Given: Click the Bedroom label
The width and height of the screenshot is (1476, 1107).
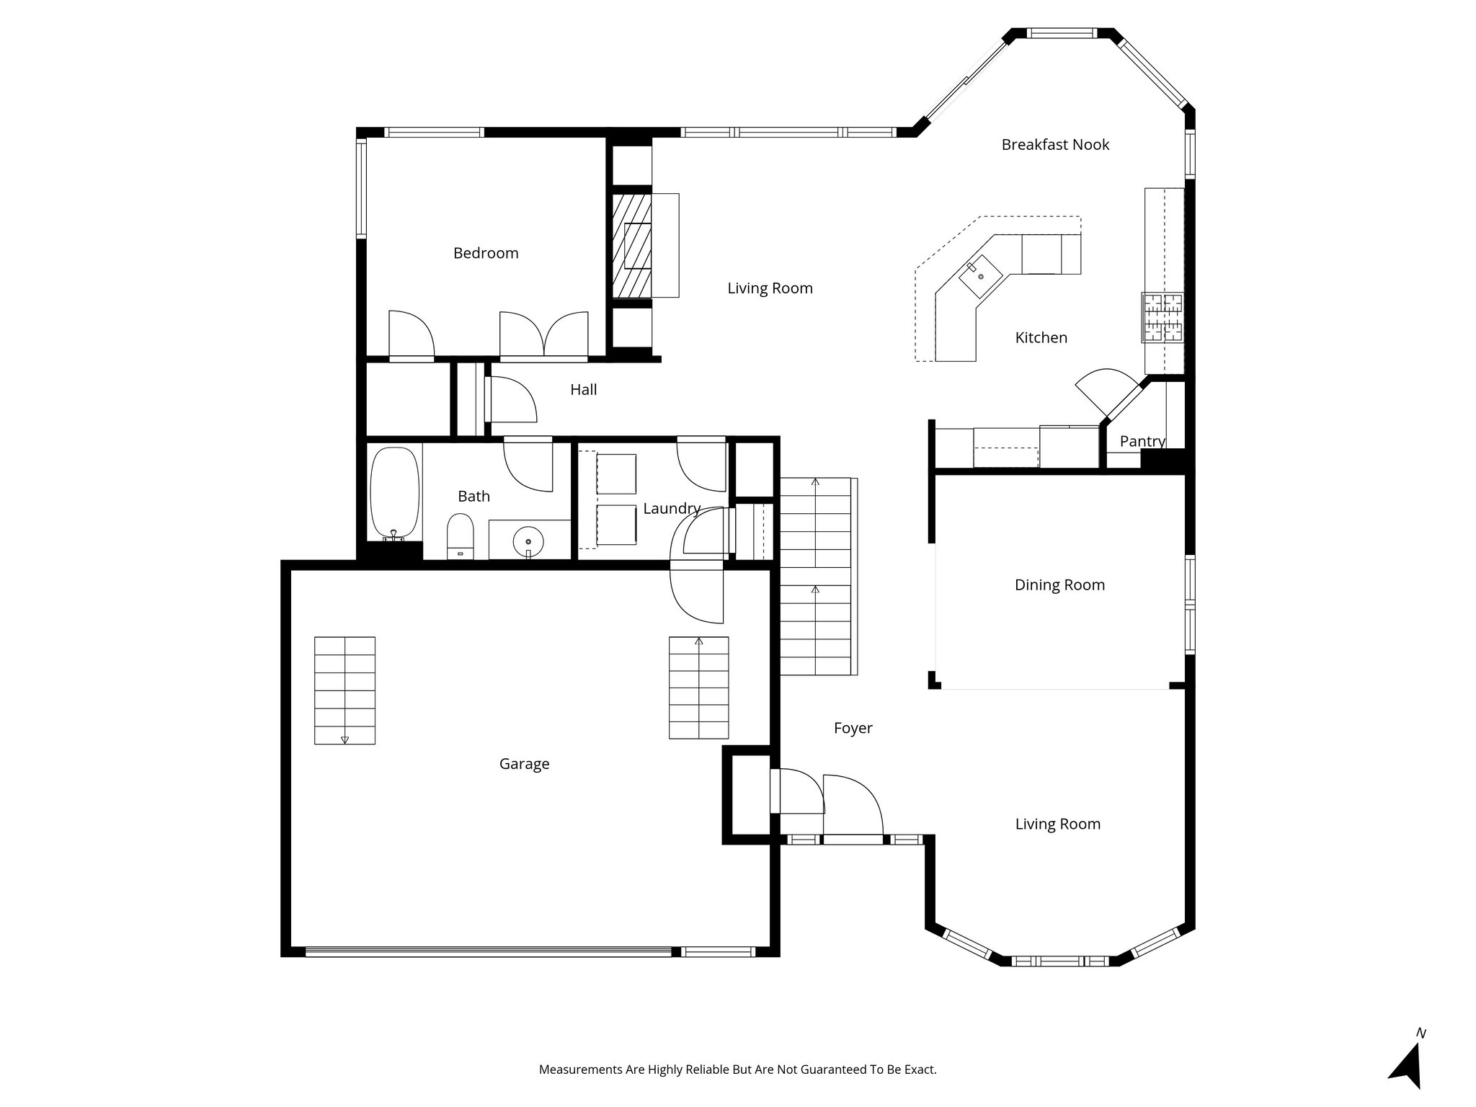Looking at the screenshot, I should point(485,253).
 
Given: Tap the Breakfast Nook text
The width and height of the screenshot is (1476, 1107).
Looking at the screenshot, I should point(1054,145).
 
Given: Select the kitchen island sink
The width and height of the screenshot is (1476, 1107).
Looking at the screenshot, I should point(980,277).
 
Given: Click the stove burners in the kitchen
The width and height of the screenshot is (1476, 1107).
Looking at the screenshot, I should point(1161,317).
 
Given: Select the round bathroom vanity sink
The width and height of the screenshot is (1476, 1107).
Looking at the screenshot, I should point(528,541).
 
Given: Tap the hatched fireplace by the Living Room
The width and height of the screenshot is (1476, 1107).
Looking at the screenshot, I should point(632,245).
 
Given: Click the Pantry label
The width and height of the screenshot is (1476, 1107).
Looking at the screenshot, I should point(1142,441).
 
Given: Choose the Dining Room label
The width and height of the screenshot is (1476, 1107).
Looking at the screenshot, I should point(1059,585).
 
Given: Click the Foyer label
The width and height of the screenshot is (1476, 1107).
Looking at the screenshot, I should point(853,729).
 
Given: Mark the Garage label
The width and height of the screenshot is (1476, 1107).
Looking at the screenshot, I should point(524,764).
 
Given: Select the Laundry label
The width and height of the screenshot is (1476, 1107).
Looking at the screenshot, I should point(671,509).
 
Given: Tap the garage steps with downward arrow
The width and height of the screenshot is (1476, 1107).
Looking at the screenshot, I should point(344,690).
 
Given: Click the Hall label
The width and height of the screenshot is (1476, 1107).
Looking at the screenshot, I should point(583,390).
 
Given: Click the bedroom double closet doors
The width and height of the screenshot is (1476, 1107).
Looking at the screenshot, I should point(544,335).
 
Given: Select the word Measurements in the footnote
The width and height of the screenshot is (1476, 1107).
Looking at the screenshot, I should point(580,1070).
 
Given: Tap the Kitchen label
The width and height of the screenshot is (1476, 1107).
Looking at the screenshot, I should point(1041,338).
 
